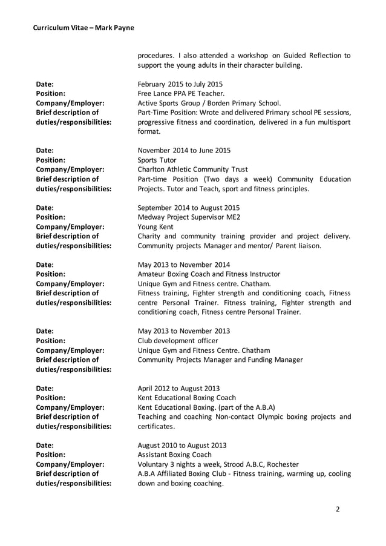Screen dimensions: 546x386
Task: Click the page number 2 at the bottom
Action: (338, 509)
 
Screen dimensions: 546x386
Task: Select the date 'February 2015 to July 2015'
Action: (180, 84)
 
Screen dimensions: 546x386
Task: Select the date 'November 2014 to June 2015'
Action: (184, 150)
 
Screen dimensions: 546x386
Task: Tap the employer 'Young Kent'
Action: (155, 226)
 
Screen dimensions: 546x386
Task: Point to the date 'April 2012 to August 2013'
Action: (178, 388)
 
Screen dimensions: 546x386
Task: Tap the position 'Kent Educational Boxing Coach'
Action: (187, 398)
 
